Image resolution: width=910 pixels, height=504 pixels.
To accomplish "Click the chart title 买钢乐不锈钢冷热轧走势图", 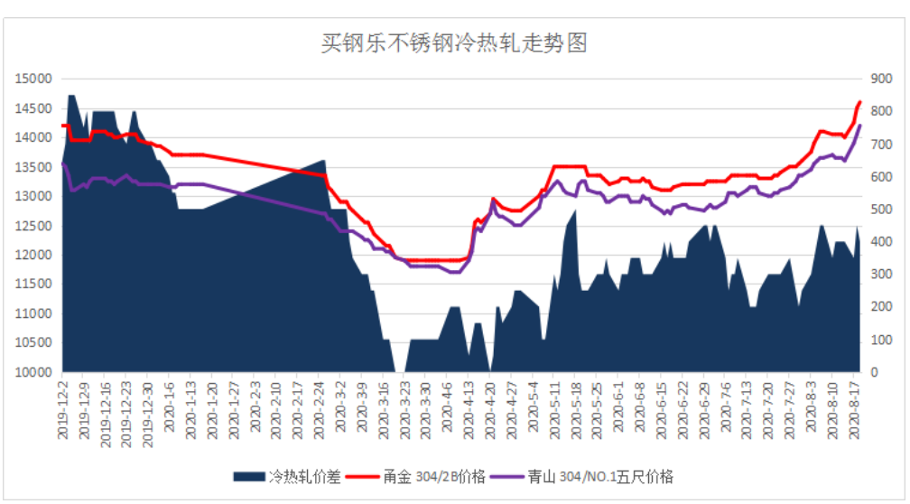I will click(x=454, y=42).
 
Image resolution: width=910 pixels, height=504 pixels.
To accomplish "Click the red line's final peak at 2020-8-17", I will click(x=860, y=102).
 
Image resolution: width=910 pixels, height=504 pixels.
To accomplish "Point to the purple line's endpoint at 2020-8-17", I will click(x=860, y=126).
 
